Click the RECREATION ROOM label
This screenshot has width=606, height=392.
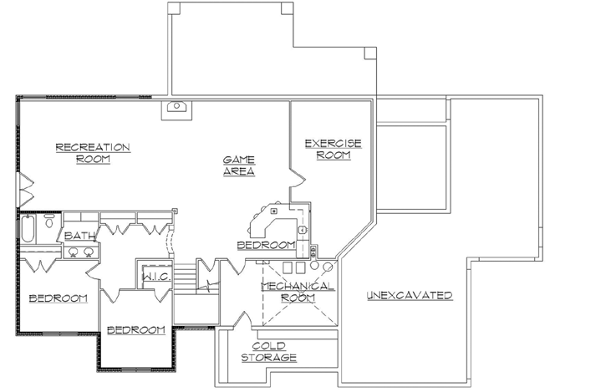93,153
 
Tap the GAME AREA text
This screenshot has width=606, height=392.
238,165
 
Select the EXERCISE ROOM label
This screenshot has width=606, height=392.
333,149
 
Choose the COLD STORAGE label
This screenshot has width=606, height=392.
269,351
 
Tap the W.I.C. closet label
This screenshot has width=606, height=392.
156,277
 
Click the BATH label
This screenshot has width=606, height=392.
80,237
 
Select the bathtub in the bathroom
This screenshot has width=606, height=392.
27,228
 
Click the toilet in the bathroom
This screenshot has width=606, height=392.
49,221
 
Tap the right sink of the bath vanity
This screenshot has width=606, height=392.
88,252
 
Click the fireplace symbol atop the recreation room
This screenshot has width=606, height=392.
177,107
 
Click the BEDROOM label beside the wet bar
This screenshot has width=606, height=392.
266,245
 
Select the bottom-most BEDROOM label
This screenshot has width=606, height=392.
136,329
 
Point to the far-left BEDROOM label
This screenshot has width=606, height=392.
58,298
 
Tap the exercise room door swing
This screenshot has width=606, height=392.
296,178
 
